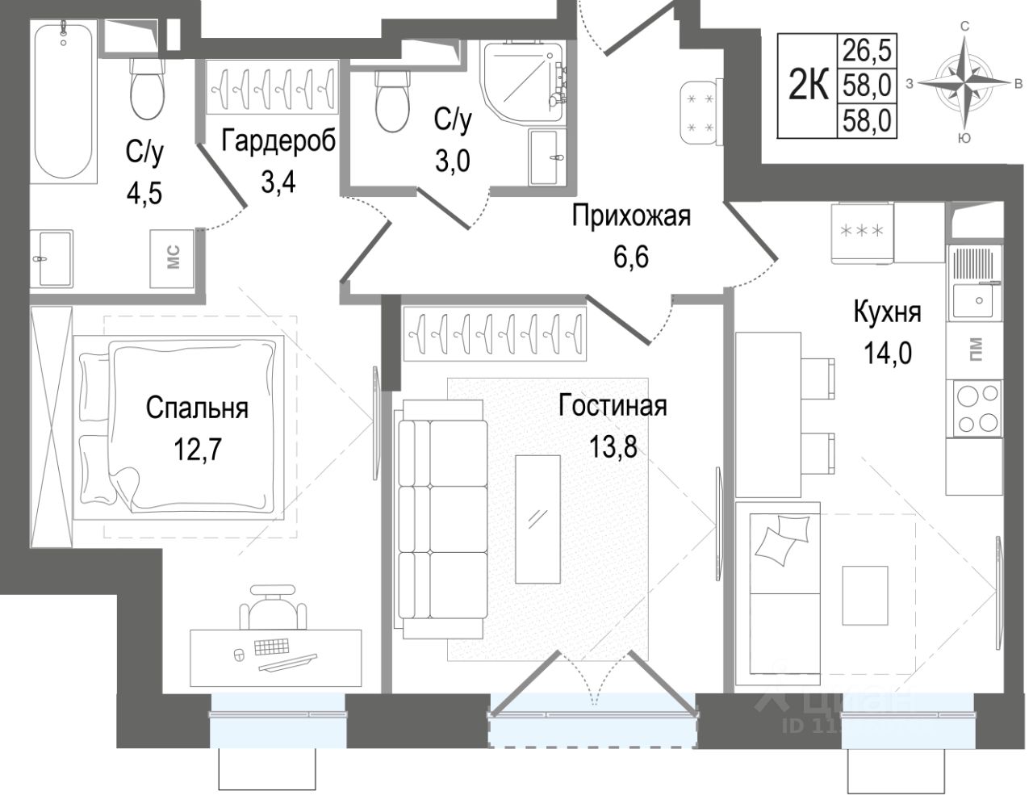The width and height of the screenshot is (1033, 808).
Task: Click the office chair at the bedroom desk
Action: pyautogui.click(x=275, y=610)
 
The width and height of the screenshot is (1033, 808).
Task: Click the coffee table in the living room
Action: pyautogui.click(x=537, y=517)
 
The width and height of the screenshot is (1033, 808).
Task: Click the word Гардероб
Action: pyautogui.click(x=278, y=140)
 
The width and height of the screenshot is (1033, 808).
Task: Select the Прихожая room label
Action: pyautogui.click(x=631, y=216)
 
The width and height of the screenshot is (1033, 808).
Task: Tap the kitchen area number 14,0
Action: pyautogui.click(x=886, y=353)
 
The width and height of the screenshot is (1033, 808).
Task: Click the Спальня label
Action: pyautogui.click(x=197, y=408)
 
